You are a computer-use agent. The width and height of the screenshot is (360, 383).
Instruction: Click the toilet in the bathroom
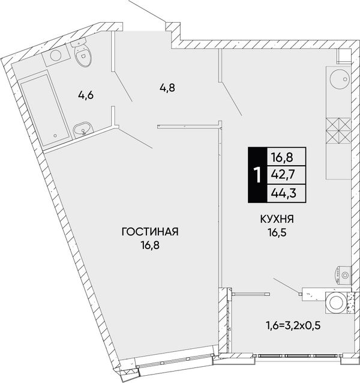[x=82, y=52]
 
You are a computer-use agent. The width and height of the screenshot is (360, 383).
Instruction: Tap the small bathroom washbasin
[x=83, y=130]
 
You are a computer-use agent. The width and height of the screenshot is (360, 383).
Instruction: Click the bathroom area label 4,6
[x=86, y=95]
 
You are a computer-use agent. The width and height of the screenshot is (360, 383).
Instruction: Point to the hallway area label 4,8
[x=167, y=87]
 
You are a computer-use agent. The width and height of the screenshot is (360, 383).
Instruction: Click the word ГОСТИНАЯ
[x=150, y=232]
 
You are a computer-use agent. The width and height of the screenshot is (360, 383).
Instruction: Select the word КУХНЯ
[x=277, y=219]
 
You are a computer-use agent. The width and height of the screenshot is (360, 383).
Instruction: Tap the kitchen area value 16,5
[x=277, y=232]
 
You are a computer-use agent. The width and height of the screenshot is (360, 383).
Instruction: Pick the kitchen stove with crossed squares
[x=338, y=131]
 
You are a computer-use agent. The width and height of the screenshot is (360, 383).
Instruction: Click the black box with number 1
[x=257, y=175]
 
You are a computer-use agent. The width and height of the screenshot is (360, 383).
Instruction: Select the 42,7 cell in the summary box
[x=287, y=175]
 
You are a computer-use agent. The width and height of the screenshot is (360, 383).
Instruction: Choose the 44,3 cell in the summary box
[x=287, y=193]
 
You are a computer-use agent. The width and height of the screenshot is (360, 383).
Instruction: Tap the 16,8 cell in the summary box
[x=287, y=157]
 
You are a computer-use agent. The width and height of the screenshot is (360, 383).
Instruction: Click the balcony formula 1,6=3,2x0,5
[x=293, y=325]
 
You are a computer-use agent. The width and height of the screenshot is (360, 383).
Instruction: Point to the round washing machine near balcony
[x=336, y=303]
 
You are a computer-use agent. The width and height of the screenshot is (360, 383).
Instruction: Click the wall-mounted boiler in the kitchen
[x=343, y=275]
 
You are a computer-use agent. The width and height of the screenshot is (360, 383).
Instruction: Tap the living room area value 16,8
[x=150, y=245]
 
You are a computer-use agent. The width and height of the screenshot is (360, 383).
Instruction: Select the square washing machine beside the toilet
[x=56, y=55]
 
